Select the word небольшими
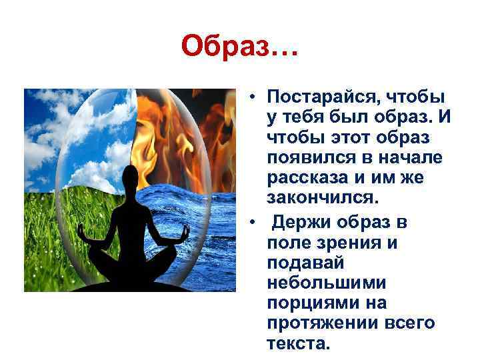point(320,283)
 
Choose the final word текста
point(298,344)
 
